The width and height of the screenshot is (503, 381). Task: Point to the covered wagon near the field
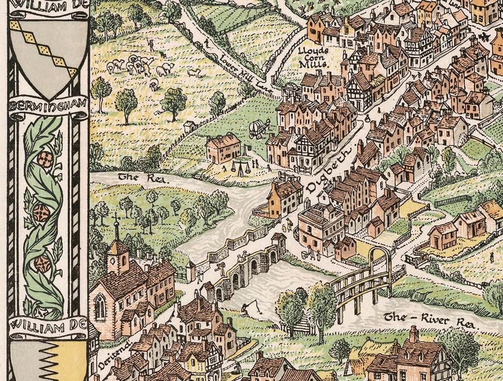pyautogui.click(x=258, y=128)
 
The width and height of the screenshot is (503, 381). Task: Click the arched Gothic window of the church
pyautogui.click(x=100, y=307)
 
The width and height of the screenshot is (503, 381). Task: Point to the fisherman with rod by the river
pyautogui.click(x=248, y=305)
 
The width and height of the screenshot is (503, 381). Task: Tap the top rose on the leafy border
pyautogui.click(x=45, y=160)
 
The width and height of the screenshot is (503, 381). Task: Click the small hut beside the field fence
pyautogui.click(x=190, y=126)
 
